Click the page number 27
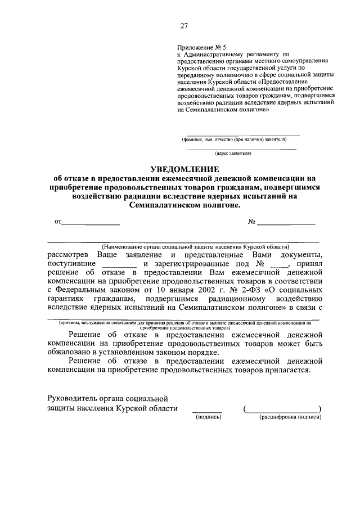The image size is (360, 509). click(183, 25)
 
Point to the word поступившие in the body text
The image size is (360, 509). click(71, 263)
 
